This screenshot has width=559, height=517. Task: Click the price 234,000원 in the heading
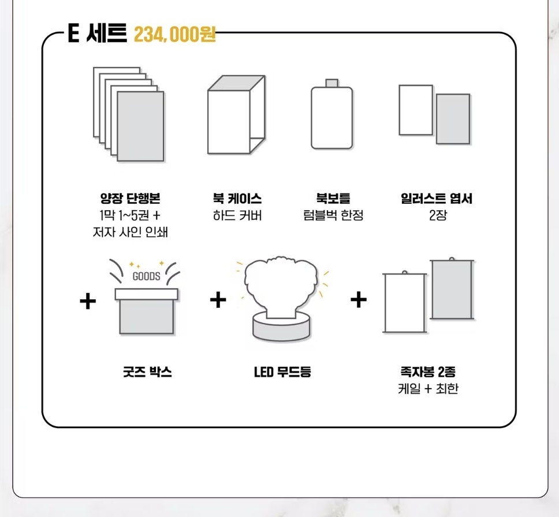tap(174, 35)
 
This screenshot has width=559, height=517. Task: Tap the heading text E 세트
tap(98, 33)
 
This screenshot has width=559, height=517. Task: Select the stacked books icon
tap(129, 114)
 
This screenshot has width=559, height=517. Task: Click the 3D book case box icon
tap(236, 114)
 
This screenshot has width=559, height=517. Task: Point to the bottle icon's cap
tap(331, 83)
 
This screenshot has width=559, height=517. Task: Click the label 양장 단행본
tap(130, 198)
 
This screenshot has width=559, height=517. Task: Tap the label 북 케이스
tap(237, 198)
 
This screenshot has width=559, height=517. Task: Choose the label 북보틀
tap(333, 198)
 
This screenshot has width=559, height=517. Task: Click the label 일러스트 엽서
tap(437, 198)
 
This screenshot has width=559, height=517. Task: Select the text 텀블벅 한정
tap(333, 215)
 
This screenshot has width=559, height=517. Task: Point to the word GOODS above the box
tap(146, 276)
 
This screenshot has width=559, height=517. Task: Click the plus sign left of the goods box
tap(88, 302)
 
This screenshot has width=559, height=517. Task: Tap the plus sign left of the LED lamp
tap(218, 299)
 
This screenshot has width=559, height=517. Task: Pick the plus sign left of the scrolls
tap(359, 299)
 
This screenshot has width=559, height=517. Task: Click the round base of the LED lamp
tap(281, 326)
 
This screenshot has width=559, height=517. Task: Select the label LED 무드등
tap(282, 372)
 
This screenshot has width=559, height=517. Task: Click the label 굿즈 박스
tap(147, 372)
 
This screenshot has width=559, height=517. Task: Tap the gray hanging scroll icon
tap(452, 289)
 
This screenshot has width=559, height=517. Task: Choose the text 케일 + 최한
tap(428, 388)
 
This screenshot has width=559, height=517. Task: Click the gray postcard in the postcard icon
tap(453, 119)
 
